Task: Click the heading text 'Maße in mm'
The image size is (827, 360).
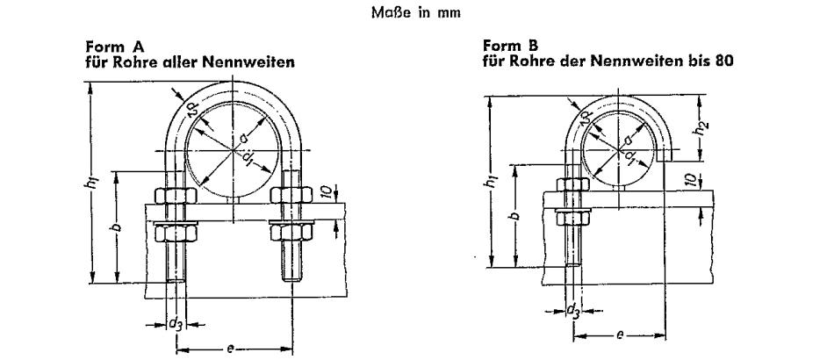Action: (x=413, y=13)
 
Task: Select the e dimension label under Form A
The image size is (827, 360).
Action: (x=231, y=350)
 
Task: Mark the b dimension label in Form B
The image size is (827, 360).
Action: (x=516, y=215)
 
